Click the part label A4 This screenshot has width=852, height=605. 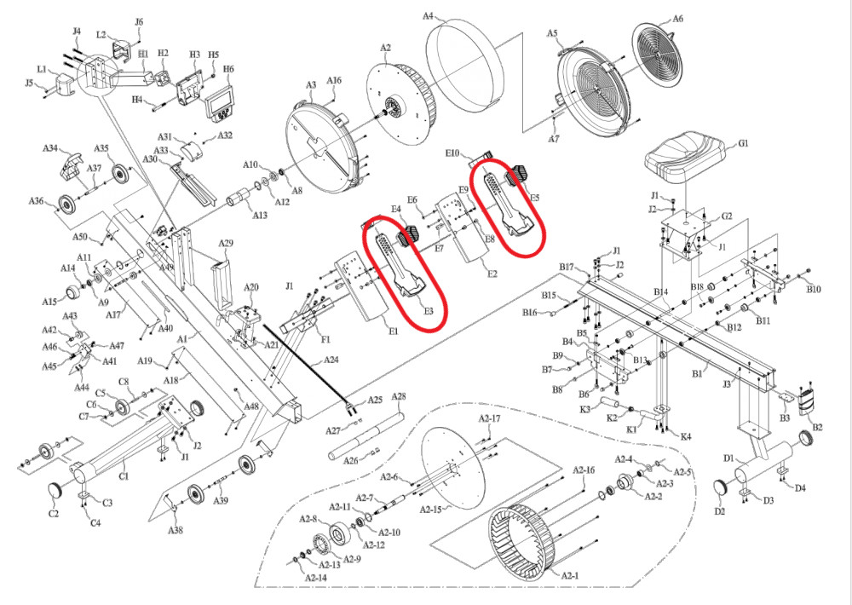coord(429,16)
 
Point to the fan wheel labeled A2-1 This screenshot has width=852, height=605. coord(521,537)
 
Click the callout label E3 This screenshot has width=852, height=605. coord(429,312)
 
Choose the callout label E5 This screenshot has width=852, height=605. coord(534,198)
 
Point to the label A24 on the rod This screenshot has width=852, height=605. coord(330,360)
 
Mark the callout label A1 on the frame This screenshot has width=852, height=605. coord(181,337)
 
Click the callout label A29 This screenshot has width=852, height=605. coord(226,244)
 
